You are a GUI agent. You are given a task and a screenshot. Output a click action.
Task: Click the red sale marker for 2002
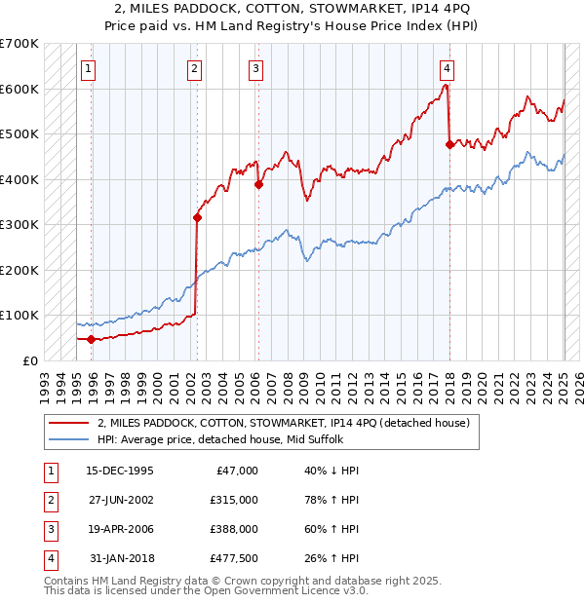pos(197,218)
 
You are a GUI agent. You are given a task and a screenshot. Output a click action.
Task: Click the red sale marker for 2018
pos(449,145)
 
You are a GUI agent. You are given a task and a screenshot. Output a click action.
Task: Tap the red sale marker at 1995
pos(92,339)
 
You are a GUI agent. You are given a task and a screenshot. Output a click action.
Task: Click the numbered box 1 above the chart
pos(89,68)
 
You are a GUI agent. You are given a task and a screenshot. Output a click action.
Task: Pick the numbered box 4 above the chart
pos(447,68)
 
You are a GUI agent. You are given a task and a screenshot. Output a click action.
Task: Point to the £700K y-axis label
pos(19,44)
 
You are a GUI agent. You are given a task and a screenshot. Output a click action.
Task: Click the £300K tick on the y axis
pos(19,225)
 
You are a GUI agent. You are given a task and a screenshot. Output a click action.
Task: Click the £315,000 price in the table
pos(234,500)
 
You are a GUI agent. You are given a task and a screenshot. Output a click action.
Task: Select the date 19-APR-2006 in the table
pos(120,529)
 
